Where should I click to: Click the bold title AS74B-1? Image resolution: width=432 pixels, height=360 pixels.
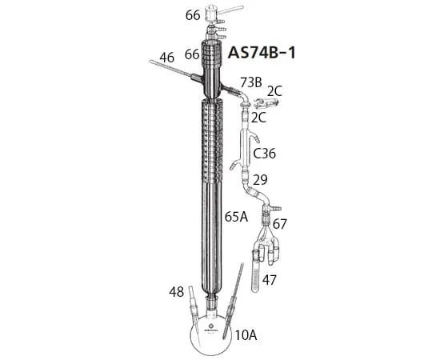pyautogui.click(x=262, y=52)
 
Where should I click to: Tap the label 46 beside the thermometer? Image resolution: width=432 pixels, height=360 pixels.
pyautogui.click(x=167, y=58)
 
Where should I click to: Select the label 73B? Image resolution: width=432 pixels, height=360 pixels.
pyautogui.click(x=251, y=82)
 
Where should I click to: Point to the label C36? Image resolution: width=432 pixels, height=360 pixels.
pyautogui.click(x=265, y=154)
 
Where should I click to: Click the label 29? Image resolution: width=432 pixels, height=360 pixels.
pyautogui.click(x=260, y=179)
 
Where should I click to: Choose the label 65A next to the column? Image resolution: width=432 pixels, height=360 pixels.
pyautogui.click(x=236, y=217)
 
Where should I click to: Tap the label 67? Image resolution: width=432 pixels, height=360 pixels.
pyautogui.click(x=280, y=224)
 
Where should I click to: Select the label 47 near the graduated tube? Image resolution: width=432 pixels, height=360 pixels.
pyautogui.click(x=269, y=280)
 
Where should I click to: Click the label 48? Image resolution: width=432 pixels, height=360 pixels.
pyautogui.click(x=176, y=292)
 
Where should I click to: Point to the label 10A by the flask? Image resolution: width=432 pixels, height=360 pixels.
pyautogui.click(x=246, y=335)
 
